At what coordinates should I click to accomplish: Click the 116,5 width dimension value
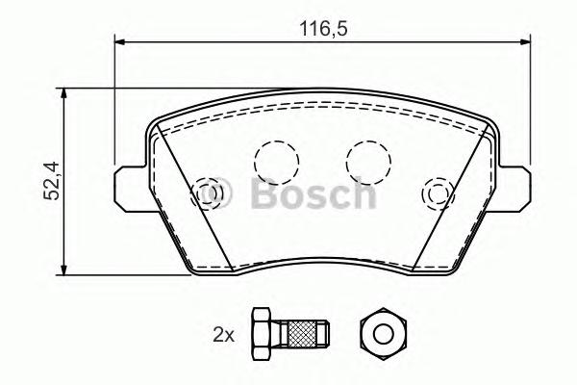[x=324, y=29]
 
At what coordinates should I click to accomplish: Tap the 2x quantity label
[x=223, y=335]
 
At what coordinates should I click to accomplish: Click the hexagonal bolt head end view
[x=381, y=334]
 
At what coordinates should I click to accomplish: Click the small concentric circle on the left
[x=207, y=195]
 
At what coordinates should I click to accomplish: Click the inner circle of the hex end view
[x=381, y=334]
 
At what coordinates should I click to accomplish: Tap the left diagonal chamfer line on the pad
[x=192, y=192]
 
